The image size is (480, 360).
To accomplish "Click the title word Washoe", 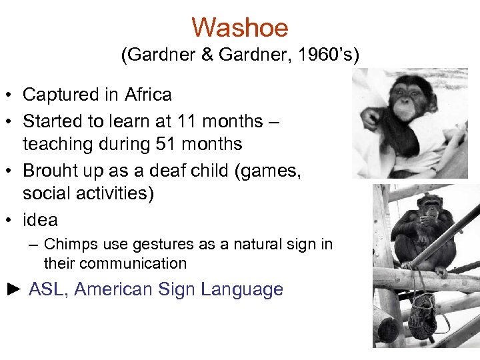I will click(x=239, y=28).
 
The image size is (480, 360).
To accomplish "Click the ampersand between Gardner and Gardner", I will click(x=209, y=56).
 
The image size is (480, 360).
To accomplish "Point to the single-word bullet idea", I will click(x=40, y=220).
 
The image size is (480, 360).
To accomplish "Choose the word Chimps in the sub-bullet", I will click(x=67, y=245).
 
